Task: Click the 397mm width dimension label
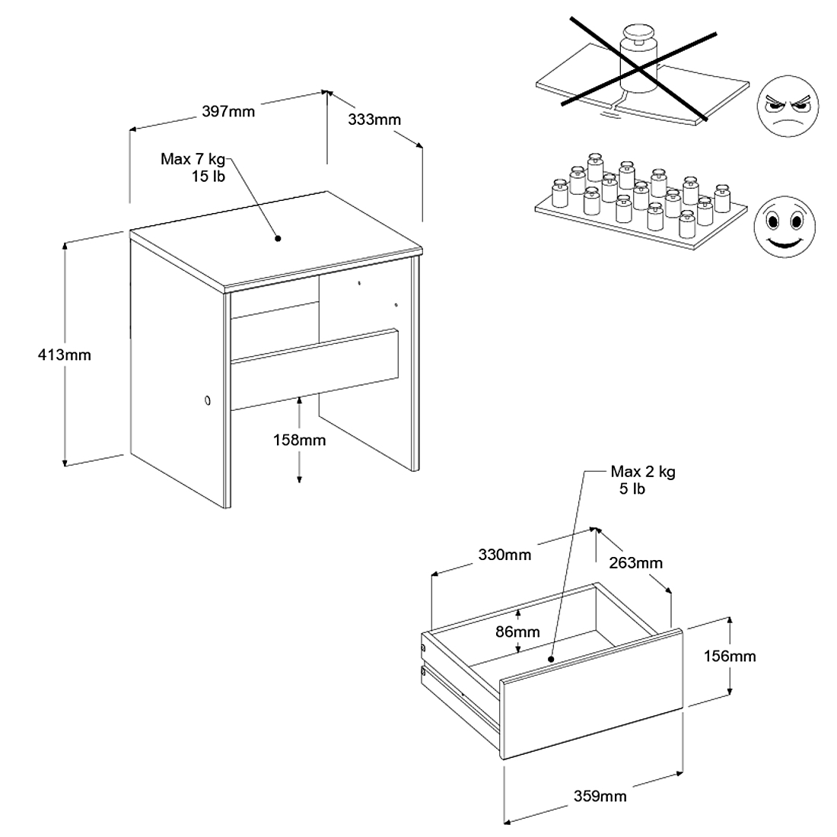coord(228,112)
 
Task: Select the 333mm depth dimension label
coord(374,119)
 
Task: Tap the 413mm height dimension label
coord(65,354)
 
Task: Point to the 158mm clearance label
coord(299,440)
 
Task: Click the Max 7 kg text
coord(193,159)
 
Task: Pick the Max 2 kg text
coord(643,472)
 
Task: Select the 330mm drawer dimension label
coord(504,555)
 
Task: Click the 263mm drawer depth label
coord(635,563)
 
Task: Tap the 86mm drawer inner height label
coord(517,632)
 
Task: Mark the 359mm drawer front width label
coord(601,796)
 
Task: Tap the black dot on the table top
coord(278,238)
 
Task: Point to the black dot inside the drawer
coord(550,658)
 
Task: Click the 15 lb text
coord(208,176)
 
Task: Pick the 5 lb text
coord(632,489)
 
